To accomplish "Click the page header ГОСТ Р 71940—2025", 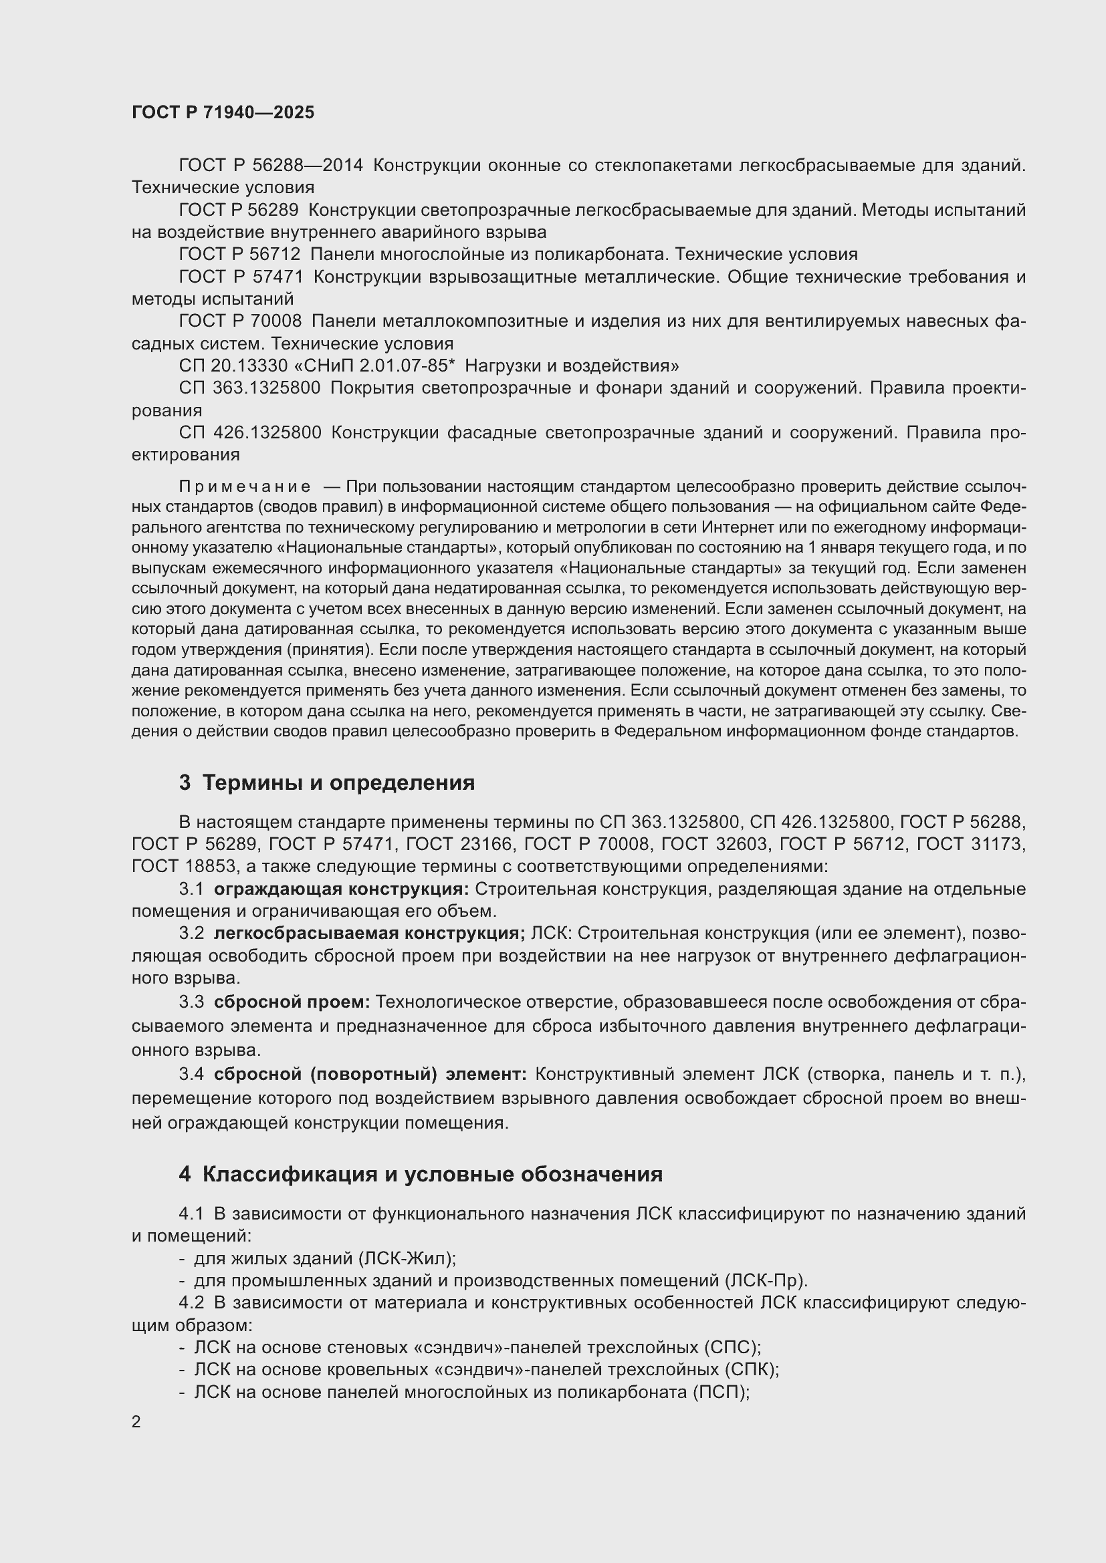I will coord(223,113).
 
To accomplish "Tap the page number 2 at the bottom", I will coord(136,1421).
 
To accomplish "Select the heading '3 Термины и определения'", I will coord(327,783).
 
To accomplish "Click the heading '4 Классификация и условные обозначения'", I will coord(421,1174).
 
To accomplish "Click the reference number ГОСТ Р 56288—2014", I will coord(271,166).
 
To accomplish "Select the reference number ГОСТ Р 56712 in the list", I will coord(240,255).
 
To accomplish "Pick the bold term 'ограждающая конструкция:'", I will coord(341,889).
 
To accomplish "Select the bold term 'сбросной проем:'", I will coord(292,1002).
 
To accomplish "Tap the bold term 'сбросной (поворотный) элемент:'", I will coord(370,1075).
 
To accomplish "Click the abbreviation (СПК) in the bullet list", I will coord(750,1369).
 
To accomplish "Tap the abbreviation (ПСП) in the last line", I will coord(721,1391).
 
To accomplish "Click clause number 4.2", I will coord(191,1303).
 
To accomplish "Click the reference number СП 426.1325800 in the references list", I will coord(250,433).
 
